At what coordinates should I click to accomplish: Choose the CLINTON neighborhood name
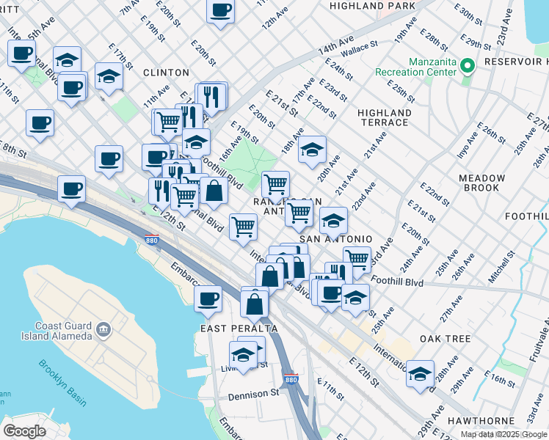click(x=165, y=73)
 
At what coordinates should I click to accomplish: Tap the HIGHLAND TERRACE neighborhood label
click(x=384, y=117)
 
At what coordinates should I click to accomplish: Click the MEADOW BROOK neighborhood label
click(x=481, y=183)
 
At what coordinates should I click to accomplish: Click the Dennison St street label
click(x=253, y=394)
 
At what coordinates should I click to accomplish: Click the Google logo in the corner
click(x=24, y=430)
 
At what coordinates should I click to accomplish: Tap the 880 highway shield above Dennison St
click(x=290, y=379)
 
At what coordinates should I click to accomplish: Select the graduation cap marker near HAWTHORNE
click(x=420, y=373)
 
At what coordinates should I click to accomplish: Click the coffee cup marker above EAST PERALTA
click(x=208, y=298)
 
